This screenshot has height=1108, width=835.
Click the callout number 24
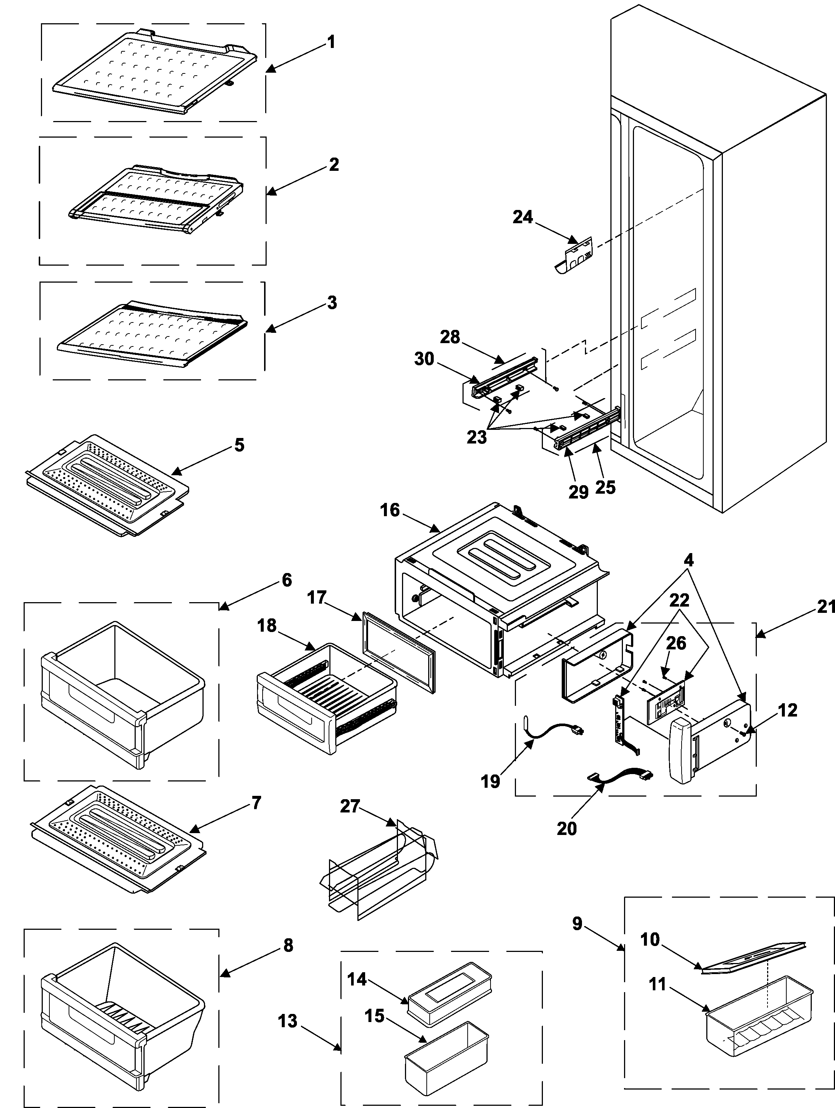[x=523, y=217]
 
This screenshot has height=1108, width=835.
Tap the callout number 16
[x=390, y=510]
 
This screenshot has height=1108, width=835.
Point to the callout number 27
[x=350, y=806]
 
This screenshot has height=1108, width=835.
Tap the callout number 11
[x=657, y=984]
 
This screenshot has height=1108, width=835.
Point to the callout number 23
[x=476, y=437]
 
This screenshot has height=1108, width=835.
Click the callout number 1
[x=331, y=42]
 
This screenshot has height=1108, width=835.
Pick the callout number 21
[x=825, y=607]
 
